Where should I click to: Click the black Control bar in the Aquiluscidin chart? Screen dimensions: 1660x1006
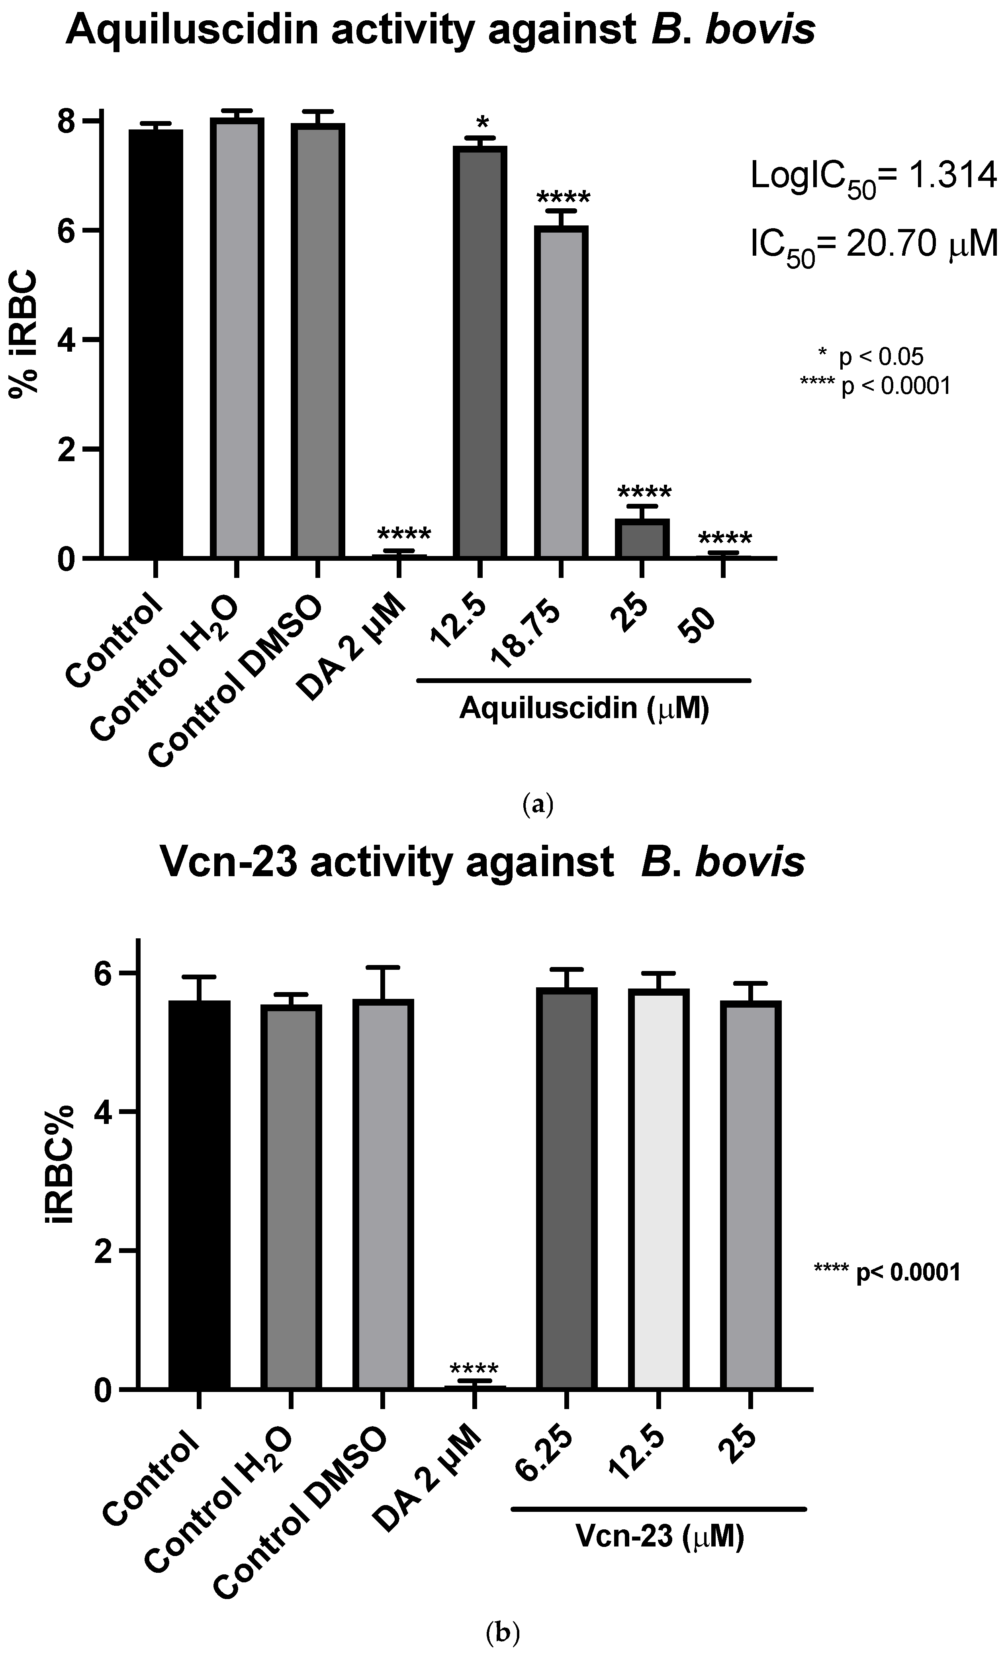click(156, 344)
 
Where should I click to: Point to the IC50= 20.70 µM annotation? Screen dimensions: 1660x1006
click(873, 246)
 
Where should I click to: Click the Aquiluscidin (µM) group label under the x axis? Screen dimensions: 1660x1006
click(584, 708)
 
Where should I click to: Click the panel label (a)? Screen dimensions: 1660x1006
click(537, 805)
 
